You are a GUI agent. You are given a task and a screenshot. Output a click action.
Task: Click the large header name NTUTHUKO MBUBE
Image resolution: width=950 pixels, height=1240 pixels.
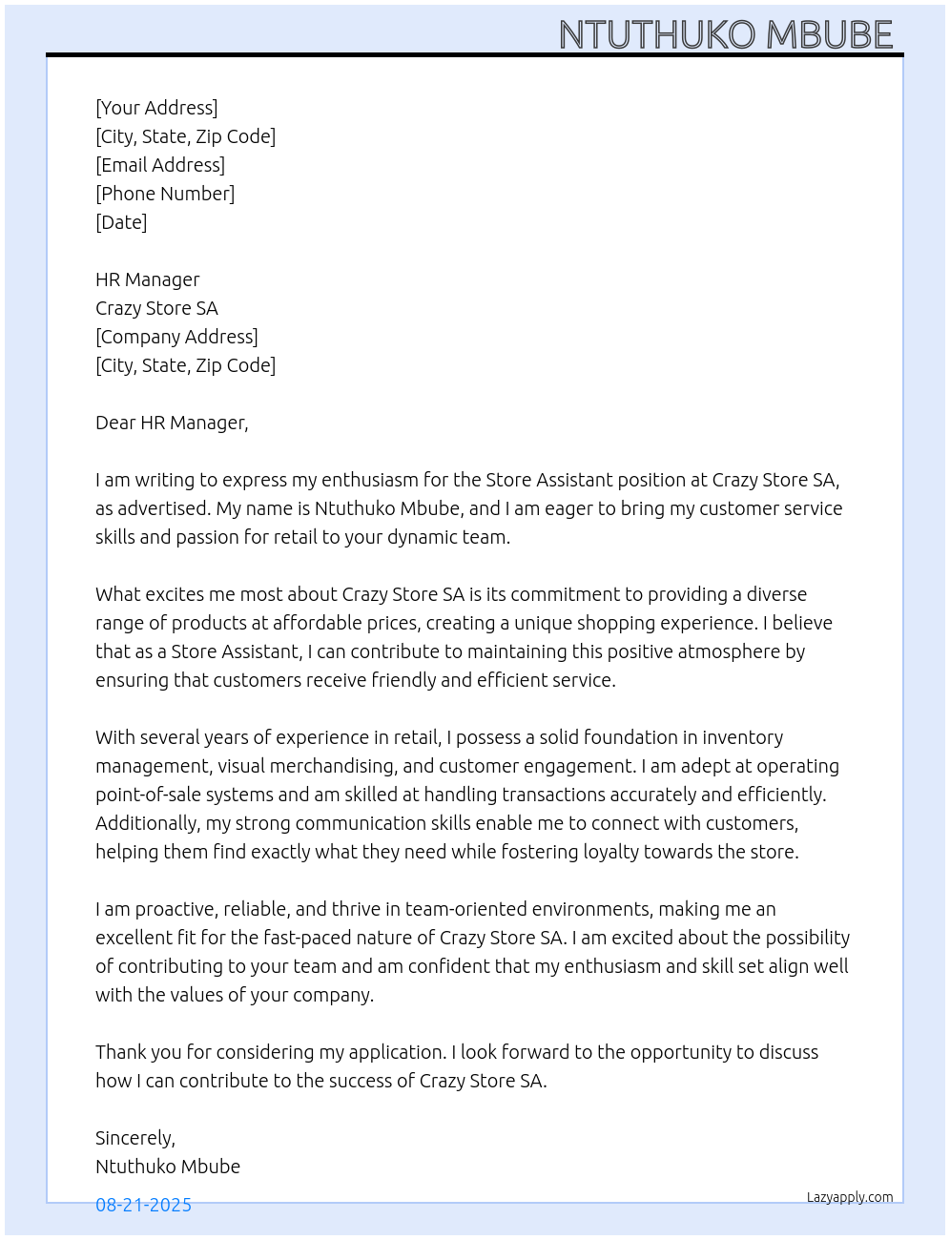point(725,34)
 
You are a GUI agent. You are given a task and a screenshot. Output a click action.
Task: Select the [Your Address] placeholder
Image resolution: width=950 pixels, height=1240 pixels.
point(156,108)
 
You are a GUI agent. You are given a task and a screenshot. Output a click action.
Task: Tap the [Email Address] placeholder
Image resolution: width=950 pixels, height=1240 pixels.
point(160,165)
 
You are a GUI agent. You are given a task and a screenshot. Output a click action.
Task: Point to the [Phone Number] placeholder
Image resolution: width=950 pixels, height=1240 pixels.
point(165,194)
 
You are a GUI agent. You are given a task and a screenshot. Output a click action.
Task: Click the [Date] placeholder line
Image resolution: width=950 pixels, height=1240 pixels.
point(121,222)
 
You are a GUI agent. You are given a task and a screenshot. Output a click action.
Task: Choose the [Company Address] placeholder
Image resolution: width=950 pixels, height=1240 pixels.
point(176,337)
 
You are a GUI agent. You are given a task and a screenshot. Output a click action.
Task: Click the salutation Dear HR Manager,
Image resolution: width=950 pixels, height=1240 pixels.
point(172,423)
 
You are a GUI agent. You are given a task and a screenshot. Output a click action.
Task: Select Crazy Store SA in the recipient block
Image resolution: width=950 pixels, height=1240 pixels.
point(156,308)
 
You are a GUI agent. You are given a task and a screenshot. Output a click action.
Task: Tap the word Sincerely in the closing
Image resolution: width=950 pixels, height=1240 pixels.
point(134,1138)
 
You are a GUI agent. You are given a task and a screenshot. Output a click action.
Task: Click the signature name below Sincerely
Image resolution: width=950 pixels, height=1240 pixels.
point(168,1167)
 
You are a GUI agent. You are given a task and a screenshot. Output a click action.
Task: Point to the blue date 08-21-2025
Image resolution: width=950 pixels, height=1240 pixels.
point(143,1205)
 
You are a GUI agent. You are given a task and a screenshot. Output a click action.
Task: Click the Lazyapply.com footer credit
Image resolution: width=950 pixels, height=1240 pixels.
point(850,1197)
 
